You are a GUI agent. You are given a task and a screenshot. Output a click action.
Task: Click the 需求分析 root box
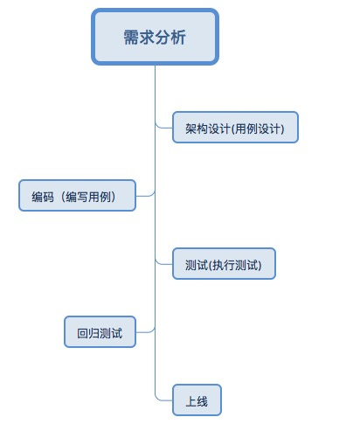point(155,37)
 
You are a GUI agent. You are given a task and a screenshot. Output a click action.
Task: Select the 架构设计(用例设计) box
point(235,128)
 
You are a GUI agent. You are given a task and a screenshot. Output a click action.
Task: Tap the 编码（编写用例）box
point(77,196)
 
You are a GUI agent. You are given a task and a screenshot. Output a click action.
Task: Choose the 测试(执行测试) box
point(224,264)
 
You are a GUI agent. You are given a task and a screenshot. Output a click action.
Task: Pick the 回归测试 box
point(100,332)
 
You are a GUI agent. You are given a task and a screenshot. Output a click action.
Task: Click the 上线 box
point(197,400)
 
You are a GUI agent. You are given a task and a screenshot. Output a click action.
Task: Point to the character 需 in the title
point(131,38)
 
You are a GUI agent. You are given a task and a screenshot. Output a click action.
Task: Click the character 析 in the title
point(178,38)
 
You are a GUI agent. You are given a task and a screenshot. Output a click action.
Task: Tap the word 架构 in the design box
point(197,129)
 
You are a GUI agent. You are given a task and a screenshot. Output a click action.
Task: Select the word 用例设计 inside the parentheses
point(257,129)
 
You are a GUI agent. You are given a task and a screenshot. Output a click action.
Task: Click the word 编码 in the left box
point(43,197)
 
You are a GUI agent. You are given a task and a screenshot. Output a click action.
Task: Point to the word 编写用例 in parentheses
point(88,197)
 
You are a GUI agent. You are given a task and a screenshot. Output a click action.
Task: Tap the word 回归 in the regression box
point(88,333)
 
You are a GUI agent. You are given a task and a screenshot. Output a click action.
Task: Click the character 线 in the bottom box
point(202,401)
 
